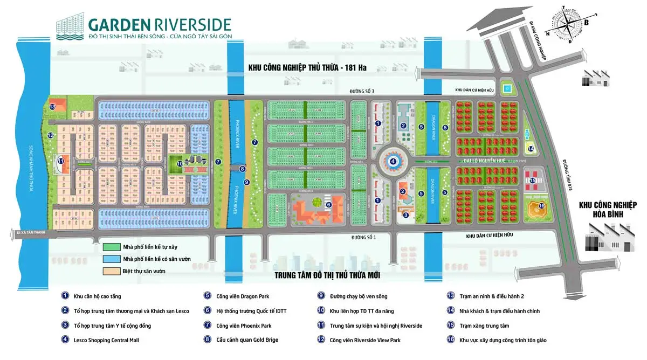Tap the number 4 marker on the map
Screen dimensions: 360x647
pyautogui.click(x=393, y=161)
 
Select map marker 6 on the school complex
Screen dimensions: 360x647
pyautogui.click(x=328, y=204)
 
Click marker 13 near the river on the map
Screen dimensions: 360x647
pyautogui.click(x=52, y=107)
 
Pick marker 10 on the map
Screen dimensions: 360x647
pyautogui.click(x=180, y=163)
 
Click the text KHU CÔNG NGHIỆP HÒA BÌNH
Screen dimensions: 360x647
pyautogui.click(x=608, y=209)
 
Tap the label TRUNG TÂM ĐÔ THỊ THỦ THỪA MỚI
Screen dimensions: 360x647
pyautogui.click(x=327, y=275)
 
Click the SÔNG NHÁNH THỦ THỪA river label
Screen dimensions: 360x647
pyautogui.click(x=30, y=162)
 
